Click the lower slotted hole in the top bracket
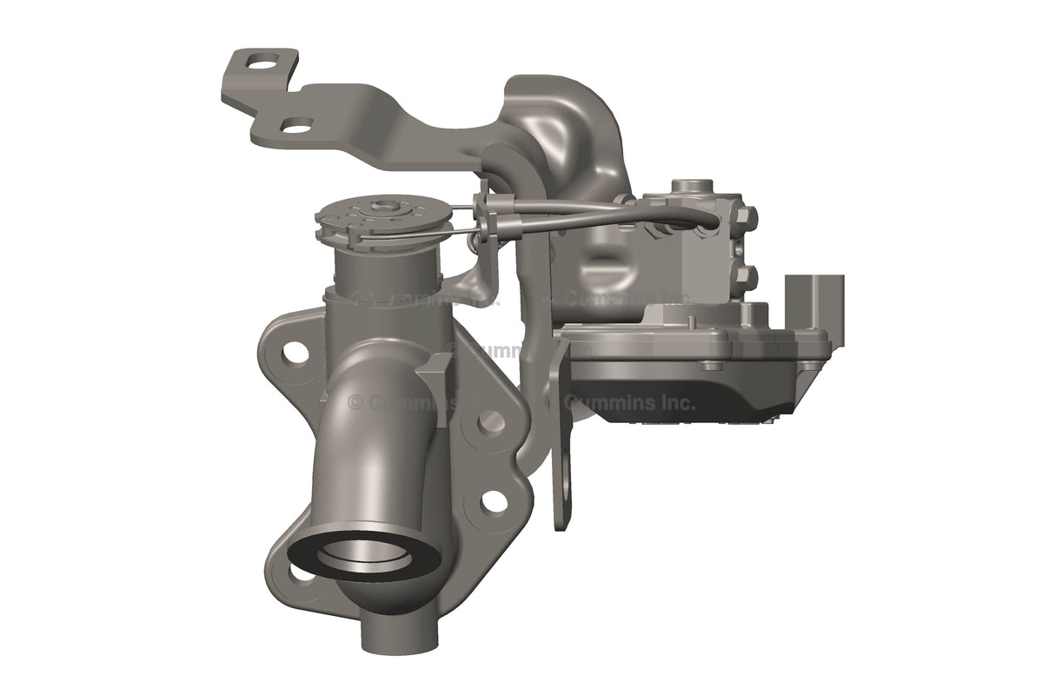(297, 129)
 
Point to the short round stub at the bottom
(396, 634)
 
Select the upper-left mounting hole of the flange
(296, 352)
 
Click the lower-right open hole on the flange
(493, 501)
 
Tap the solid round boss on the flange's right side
(491, 421)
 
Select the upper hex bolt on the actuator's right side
(745, 214)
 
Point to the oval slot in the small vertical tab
(566, 483)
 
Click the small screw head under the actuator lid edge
(713, 364)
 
